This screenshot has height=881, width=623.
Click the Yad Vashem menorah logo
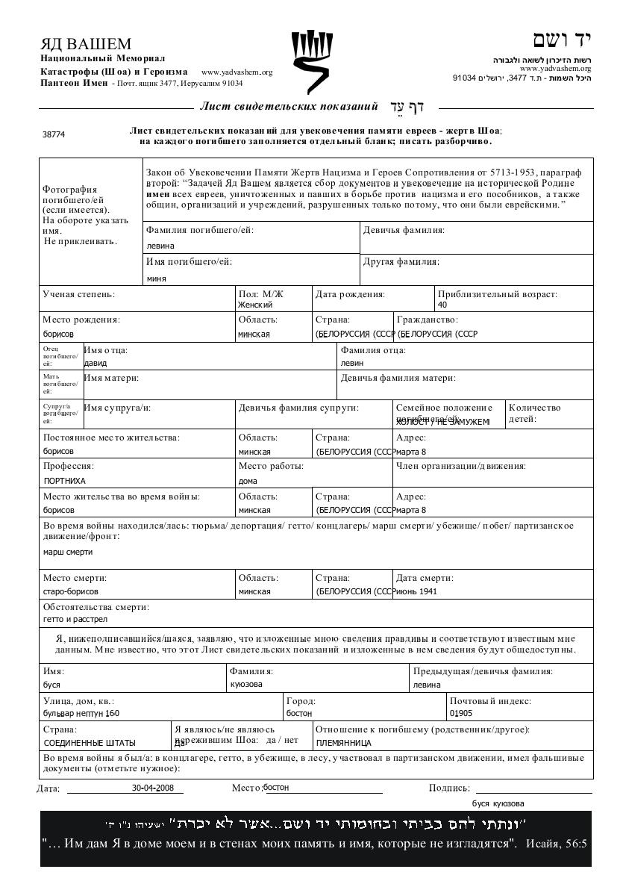tap(311, 60)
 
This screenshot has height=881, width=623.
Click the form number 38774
tap(54, 134)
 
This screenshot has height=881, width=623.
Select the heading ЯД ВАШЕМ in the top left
tap(86, 44)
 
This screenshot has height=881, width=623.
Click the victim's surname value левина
tap(160, 246)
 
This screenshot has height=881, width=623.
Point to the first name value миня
tap(156, 278)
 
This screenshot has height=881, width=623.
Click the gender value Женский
tap(255, 305)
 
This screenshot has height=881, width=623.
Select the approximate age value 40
tap(442, 305)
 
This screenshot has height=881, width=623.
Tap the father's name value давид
tap(96, 363)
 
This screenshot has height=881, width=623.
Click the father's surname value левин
tap(352, 363)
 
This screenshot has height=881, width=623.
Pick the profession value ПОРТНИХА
tap(65, 481)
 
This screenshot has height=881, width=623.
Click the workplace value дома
tap(248, 481)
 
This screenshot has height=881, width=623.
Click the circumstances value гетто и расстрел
tap(75, 619)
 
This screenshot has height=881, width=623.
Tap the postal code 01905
tap(461, 713)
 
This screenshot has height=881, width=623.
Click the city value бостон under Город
tap(299, 713)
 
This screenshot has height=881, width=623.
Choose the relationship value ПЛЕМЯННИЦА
tap(343, 743)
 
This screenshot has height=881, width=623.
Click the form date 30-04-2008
tap(153, 788)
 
